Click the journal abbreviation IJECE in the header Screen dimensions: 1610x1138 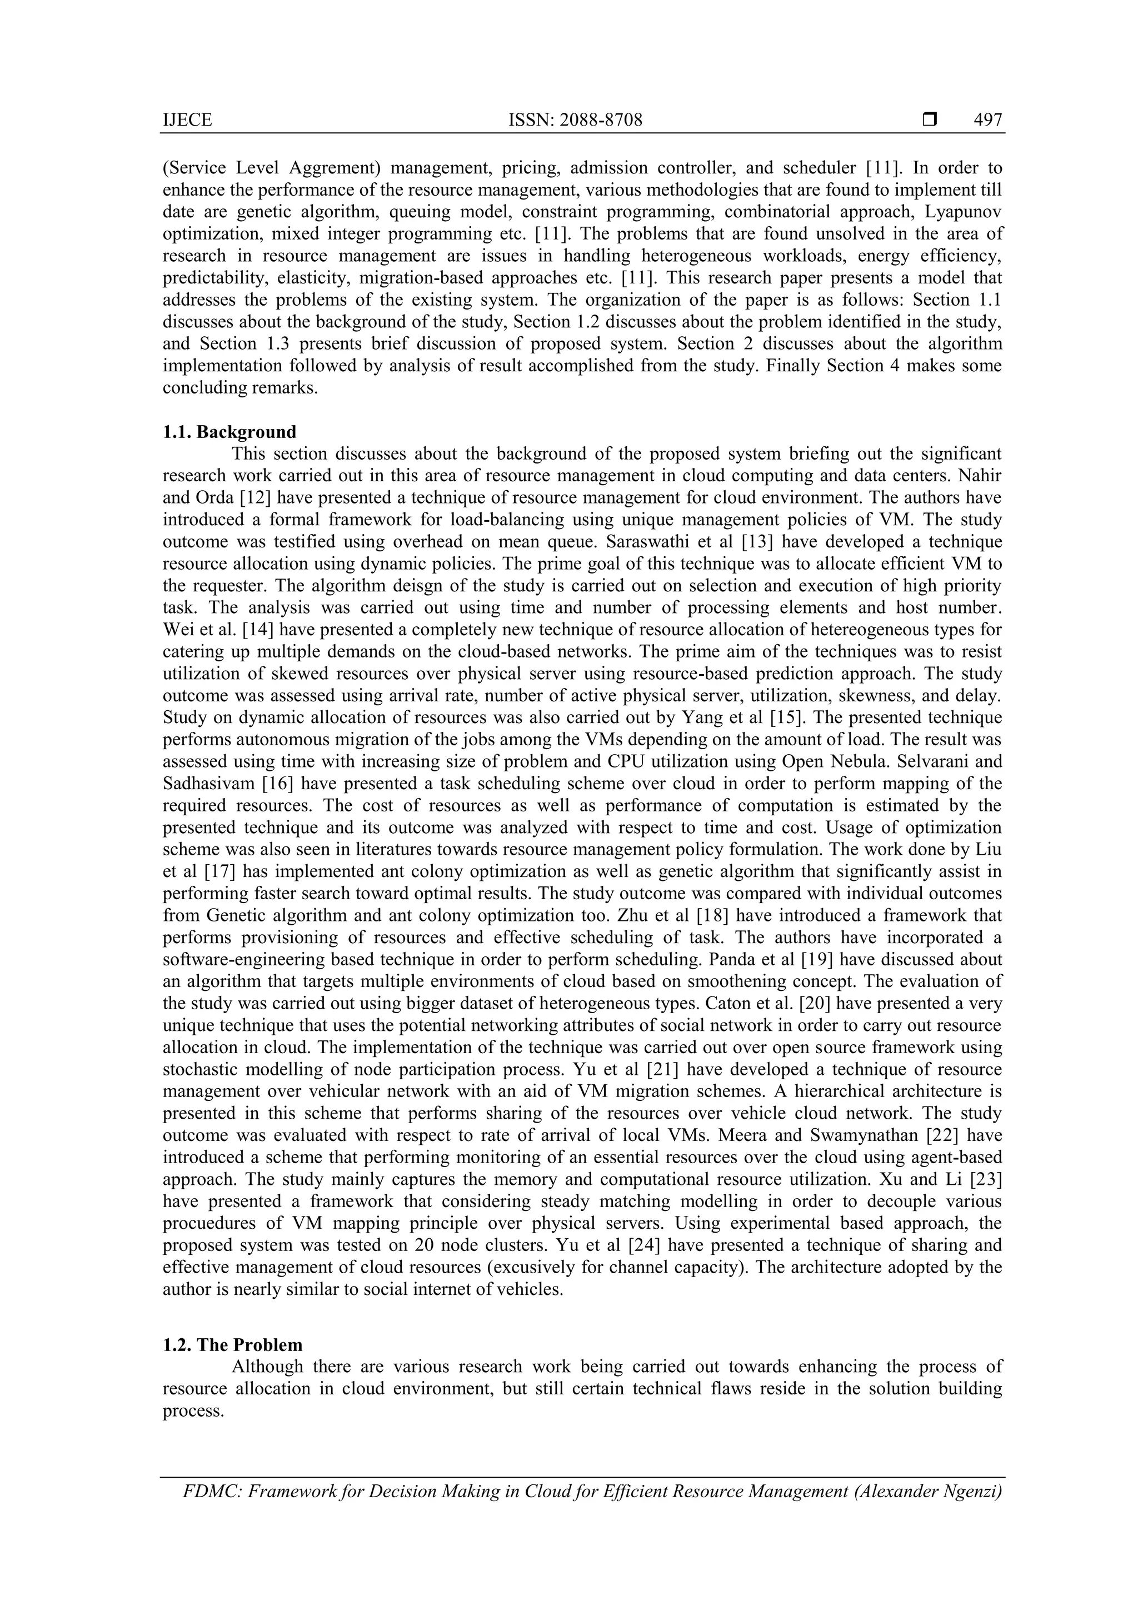[187, 121]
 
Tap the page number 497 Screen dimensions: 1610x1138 [988, 121]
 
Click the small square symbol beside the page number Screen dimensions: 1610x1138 [930, 121]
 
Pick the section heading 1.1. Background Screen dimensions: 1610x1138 [229, 432]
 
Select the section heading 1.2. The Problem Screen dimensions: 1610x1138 [233, 1345]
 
